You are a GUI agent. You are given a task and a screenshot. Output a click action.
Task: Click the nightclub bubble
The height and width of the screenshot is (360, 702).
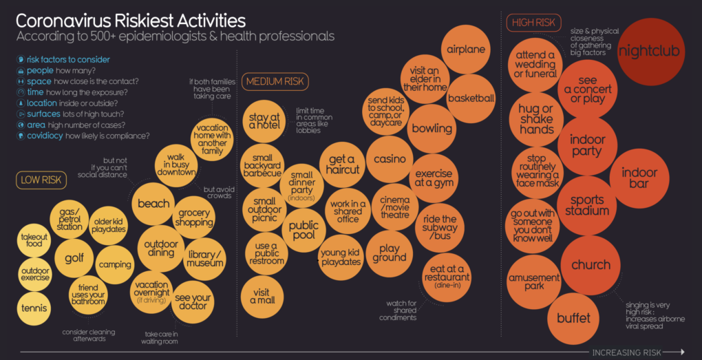(648, 51)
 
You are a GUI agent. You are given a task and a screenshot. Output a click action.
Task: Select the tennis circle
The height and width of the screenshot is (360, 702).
(34, 307)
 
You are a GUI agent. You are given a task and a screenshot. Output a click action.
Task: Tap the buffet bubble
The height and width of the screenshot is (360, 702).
(573, 318)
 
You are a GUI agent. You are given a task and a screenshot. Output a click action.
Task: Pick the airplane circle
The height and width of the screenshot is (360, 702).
(466, 50)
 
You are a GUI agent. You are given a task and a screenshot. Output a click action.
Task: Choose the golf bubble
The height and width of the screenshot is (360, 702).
(74, 259)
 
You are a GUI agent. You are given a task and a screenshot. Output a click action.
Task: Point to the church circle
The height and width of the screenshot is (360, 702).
(591, 264)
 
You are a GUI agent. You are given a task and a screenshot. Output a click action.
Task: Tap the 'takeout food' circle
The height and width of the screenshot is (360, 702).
(34, 240)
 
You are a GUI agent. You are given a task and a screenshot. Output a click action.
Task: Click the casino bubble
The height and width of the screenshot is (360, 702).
(389, 160)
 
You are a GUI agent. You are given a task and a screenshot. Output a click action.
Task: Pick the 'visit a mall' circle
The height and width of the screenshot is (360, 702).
(262, 296)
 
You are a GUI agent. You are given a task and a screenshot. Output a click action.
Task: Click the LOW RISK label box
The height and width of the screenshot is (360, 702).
(41, 180)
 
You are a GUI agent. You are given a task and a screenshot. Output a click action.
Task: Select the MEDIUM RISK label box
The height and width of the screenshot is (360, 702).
(275, 82)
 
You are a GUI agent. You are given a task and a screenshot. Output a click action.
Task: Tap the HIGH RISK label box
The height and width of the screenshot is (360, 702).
(534, 23)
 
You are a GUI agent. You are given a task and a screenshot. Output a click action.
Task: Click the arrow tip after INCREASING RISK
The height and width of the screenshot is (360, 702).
(683, 351)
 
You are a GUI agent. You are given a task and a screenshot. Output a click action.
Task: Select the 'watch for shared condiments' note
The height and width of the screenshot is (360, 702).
(402, 310)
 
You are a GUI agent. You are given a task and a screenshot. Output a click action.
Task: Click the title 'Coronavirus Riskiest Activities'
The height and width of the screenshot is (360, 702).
(131, 19)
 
